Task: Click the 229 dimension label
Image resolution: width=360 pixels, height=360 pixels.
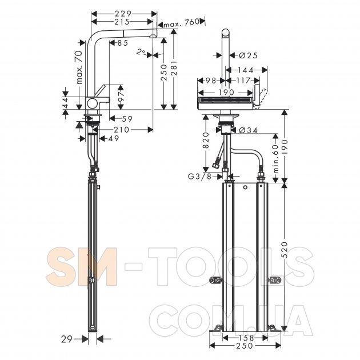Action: coord(123,14)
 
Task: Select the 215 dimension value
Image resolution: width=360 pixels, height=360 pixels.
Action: coord(122,22)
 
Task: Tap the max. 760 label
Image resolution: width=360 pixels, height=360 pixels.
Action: coord(181,22)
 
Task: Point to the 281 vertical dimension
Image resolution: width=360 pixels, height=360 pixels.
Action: coord(174,68)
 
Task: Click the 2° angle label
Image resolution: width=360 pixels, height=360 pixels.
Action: coord(141,52)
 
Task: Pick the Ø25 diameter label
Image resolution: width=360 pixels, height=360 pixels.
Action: coord(248,55)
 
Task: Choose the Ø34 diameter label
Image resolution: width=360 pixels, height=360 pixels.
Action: coord(248,130)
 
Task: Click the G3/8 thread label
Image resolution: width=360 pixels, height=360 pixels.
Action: coord(199,177)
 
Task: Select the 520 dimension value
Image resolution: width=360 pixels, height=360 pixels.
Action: coord(284,250)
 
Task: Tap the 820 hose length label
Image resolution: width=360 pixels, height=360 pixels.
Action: coord(206,141)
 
